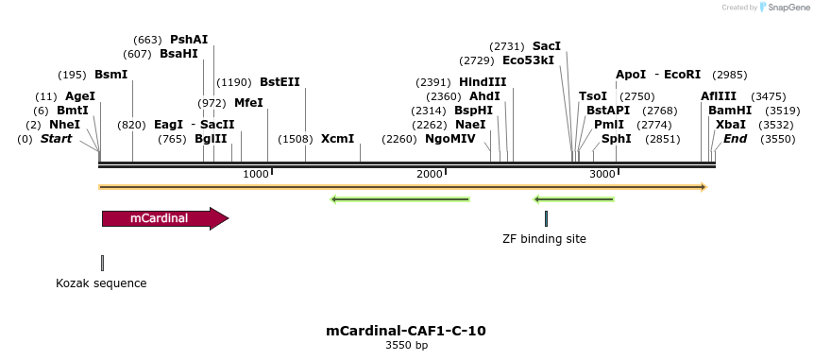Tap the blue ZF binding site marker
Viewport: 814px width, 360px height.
tap(546, 218)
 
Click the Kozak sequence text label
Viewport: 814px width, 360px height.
tap(101, 283)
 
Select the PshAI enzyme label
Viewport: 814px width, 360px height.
tap(189, 40)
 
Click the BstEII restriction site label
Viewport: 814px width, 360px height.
tap(280, 82)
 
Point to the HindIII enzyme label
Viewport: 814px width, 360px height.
tap(483, 82)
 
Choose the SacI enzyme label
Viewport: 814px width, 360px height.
tap(547, 46)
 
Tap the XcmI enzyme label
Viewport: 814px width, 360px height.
tap(338, 139)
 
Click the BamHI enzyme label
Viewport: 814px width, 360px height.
tap(728, 111)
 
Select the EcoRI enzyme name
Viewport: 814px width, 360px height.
tap(683, 75)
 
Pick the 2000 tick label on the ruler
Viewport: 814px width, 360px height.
tap(430, 174)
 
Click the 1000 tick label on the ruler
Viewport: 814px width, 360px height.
tap(256, 174)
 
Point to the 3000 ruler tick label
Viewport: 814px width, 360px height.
tap(602, 174)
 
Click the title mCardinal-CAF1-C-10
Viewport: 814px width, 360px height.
tap(406, 331)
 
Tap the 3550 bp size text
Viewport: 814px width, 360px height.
tap(406, 346)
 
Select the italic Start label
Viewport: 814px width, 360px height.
tap(56, 139)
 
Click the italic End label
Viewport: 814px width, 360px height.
tap(735, 139)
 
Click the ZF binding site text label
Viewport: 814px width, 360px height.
tap(544, 239)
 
